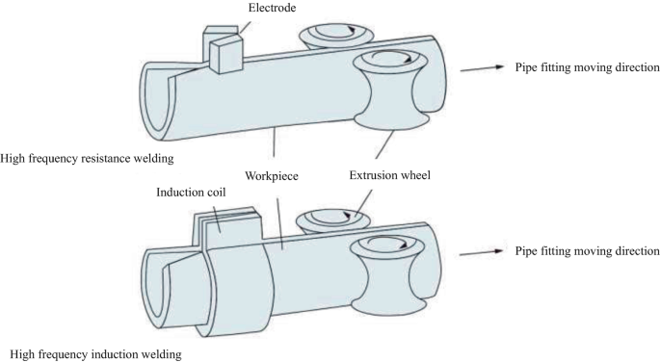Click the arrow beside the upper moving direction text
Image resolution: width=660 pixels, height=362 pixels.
[482, 67]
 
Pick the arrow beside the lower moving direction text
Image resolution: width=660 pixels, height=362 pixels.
[482, 253]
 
